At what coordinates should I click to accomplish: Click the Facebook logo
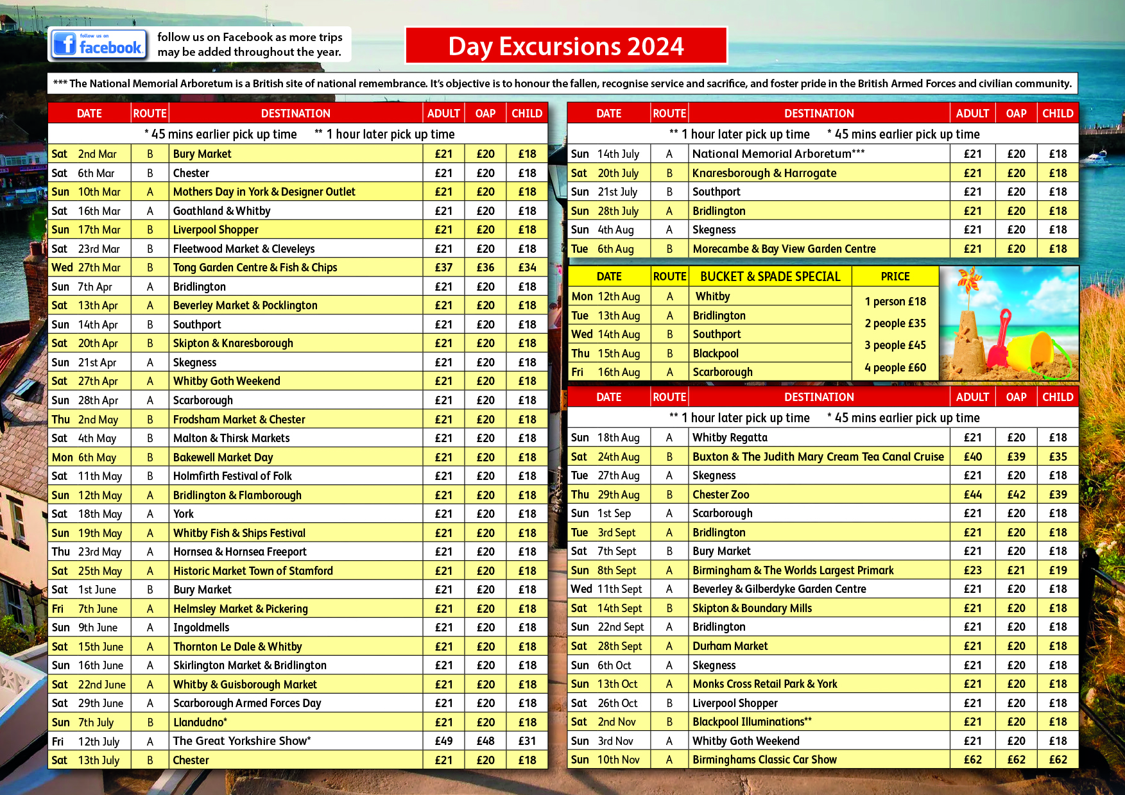click(98, 44)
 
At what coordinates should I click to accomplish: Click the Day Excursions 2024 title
click(566, 46)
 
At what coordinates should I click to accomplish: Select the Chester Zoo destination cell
click(721, 495)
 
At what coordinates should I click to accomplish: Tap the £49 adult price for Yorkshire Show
click(443, 741)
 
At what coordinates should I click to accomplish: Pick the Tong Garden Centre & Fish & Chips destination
click(255, 268)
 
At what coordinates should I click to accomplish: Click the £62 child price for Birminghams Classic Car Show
click(1058, 760)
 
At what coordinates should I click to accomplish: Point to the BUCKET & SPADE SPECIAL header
click(769, 277)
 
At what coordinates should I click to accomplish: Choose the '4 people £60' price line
click(895, 368)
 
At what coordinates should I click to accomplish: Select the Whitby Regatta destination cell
click(730, 438)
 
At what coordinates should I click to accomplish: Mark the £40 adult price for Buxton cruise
click(972, 457)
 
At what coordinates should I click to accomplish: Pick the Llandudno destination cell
click(200, 722)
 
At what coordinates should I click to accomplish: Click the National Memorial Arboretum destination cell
click(778, 154)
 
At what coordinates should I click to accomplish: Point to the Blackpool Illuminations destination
click(751, 722)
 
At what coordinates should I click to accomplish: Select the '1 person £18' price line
click(895, 302)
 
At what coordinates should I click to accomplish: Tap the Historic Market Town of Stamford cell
click(253, 571)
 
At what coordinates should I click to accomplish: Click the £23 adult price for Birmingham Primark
click(972, 570)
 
